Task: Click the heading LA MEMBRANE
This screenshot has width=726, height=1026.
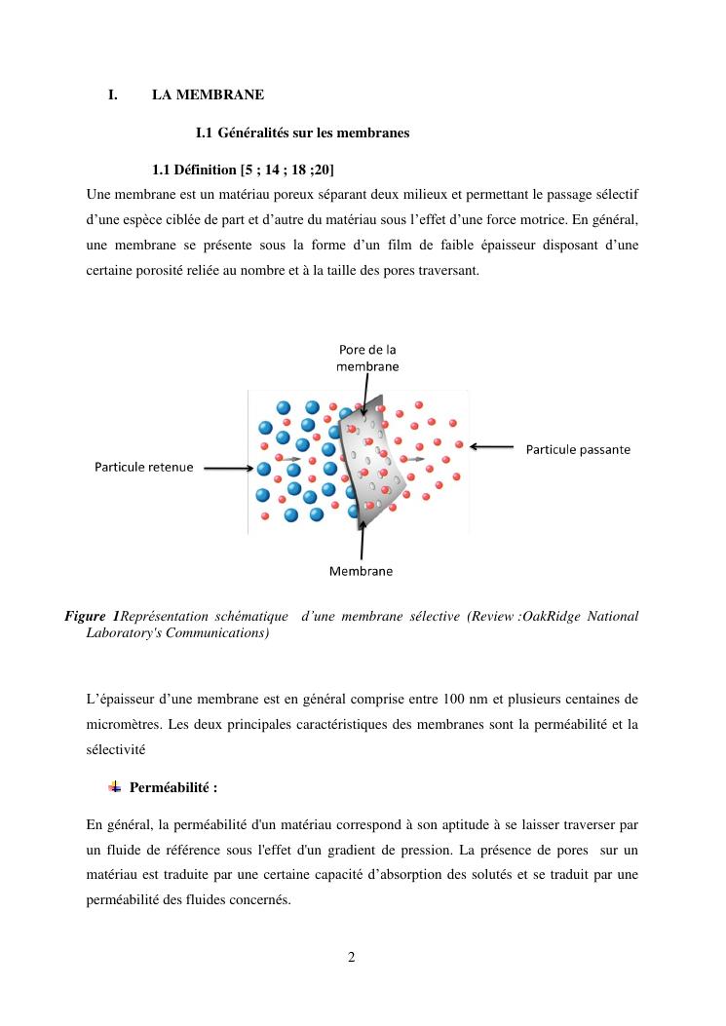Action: (x=208, y=95)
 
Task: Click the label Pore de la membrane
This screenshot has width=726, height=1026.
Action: (x=367, y=358)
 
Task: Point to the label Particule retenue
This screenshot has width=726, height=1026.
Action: (x=143, y=467)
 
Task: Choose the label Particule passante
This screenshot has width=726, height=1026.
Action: (x=578, y=449)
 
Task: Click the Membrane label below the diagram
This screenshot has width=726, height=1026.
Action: (x=361, y=571)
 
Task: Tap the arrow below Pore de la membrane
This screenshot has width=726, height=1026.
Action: (x=361, y=398)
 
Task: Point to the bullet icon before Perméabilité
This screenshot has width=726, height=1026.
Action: (x=115, y=786)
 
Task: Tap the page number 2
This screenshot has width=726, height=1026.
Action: (x=352, y=957)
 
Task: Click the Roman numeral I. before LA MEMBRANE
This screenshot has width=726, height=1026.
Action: (x=113, y=95)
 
